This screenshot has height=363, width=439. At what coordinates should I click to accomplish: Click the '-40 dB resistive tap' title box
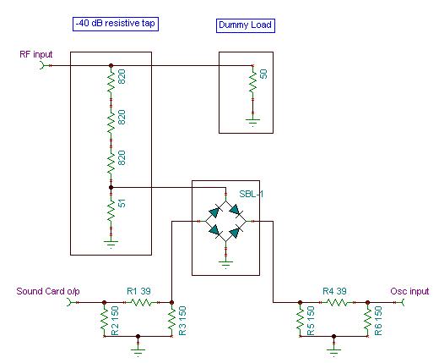click(116, 24)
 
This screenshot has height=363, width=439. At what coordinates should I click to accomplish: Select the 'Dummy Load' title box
click(246, 25)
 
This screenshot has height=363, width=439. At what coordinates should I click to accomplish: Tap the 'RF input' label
click(36, 54)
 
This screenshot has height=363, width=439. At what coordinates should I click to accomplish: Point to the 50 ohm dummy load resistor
click(252, 81)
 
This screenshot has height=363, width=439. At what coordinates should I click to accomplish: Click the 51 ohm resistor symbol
click(111, 210)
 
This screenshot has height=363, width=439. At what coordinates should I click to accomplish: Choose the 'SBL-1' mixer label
click(252, 194)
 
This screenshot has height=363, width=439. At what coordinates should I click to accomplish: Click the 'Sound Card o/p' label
click(48, 291)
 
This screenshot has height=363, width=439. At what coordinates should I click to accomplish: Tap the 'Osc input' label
click(409, 291)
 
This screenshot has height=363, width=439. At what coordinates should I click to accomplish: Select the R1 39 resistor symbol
click(142, 303)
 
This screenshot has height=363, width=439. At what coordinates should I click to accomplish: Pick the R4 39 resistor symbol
click(337, 303)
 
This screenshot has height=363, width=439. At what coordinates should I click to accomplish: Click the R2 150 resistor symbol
click(105, 319)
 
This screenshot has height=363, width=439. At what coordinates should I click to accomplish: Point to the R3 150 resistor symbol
click(172, 319)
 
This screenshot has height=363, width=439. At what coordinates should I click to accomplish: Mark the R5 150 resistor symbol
click(300, 319)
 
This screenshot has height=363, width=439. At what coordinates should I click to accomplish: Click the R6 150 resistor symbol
click(367, 319)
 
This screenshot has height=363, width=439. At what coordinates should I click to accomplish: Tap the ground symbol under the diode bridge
click(225, 264)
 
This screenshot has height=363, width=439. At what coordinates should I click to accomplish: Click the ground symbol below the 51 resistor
click(111, 244)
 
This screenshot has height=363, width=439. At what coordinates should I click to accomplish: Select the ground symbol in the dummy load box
click(252, 122)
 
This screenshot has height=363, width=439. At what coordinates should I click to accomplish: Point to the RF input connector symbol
click(42, 66)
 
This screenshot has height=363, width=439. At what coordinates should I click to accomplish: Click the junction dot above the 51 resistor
click(111, 187)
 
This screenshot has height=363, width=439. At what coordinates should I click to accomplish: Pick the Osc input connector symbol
click(403, 303)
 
